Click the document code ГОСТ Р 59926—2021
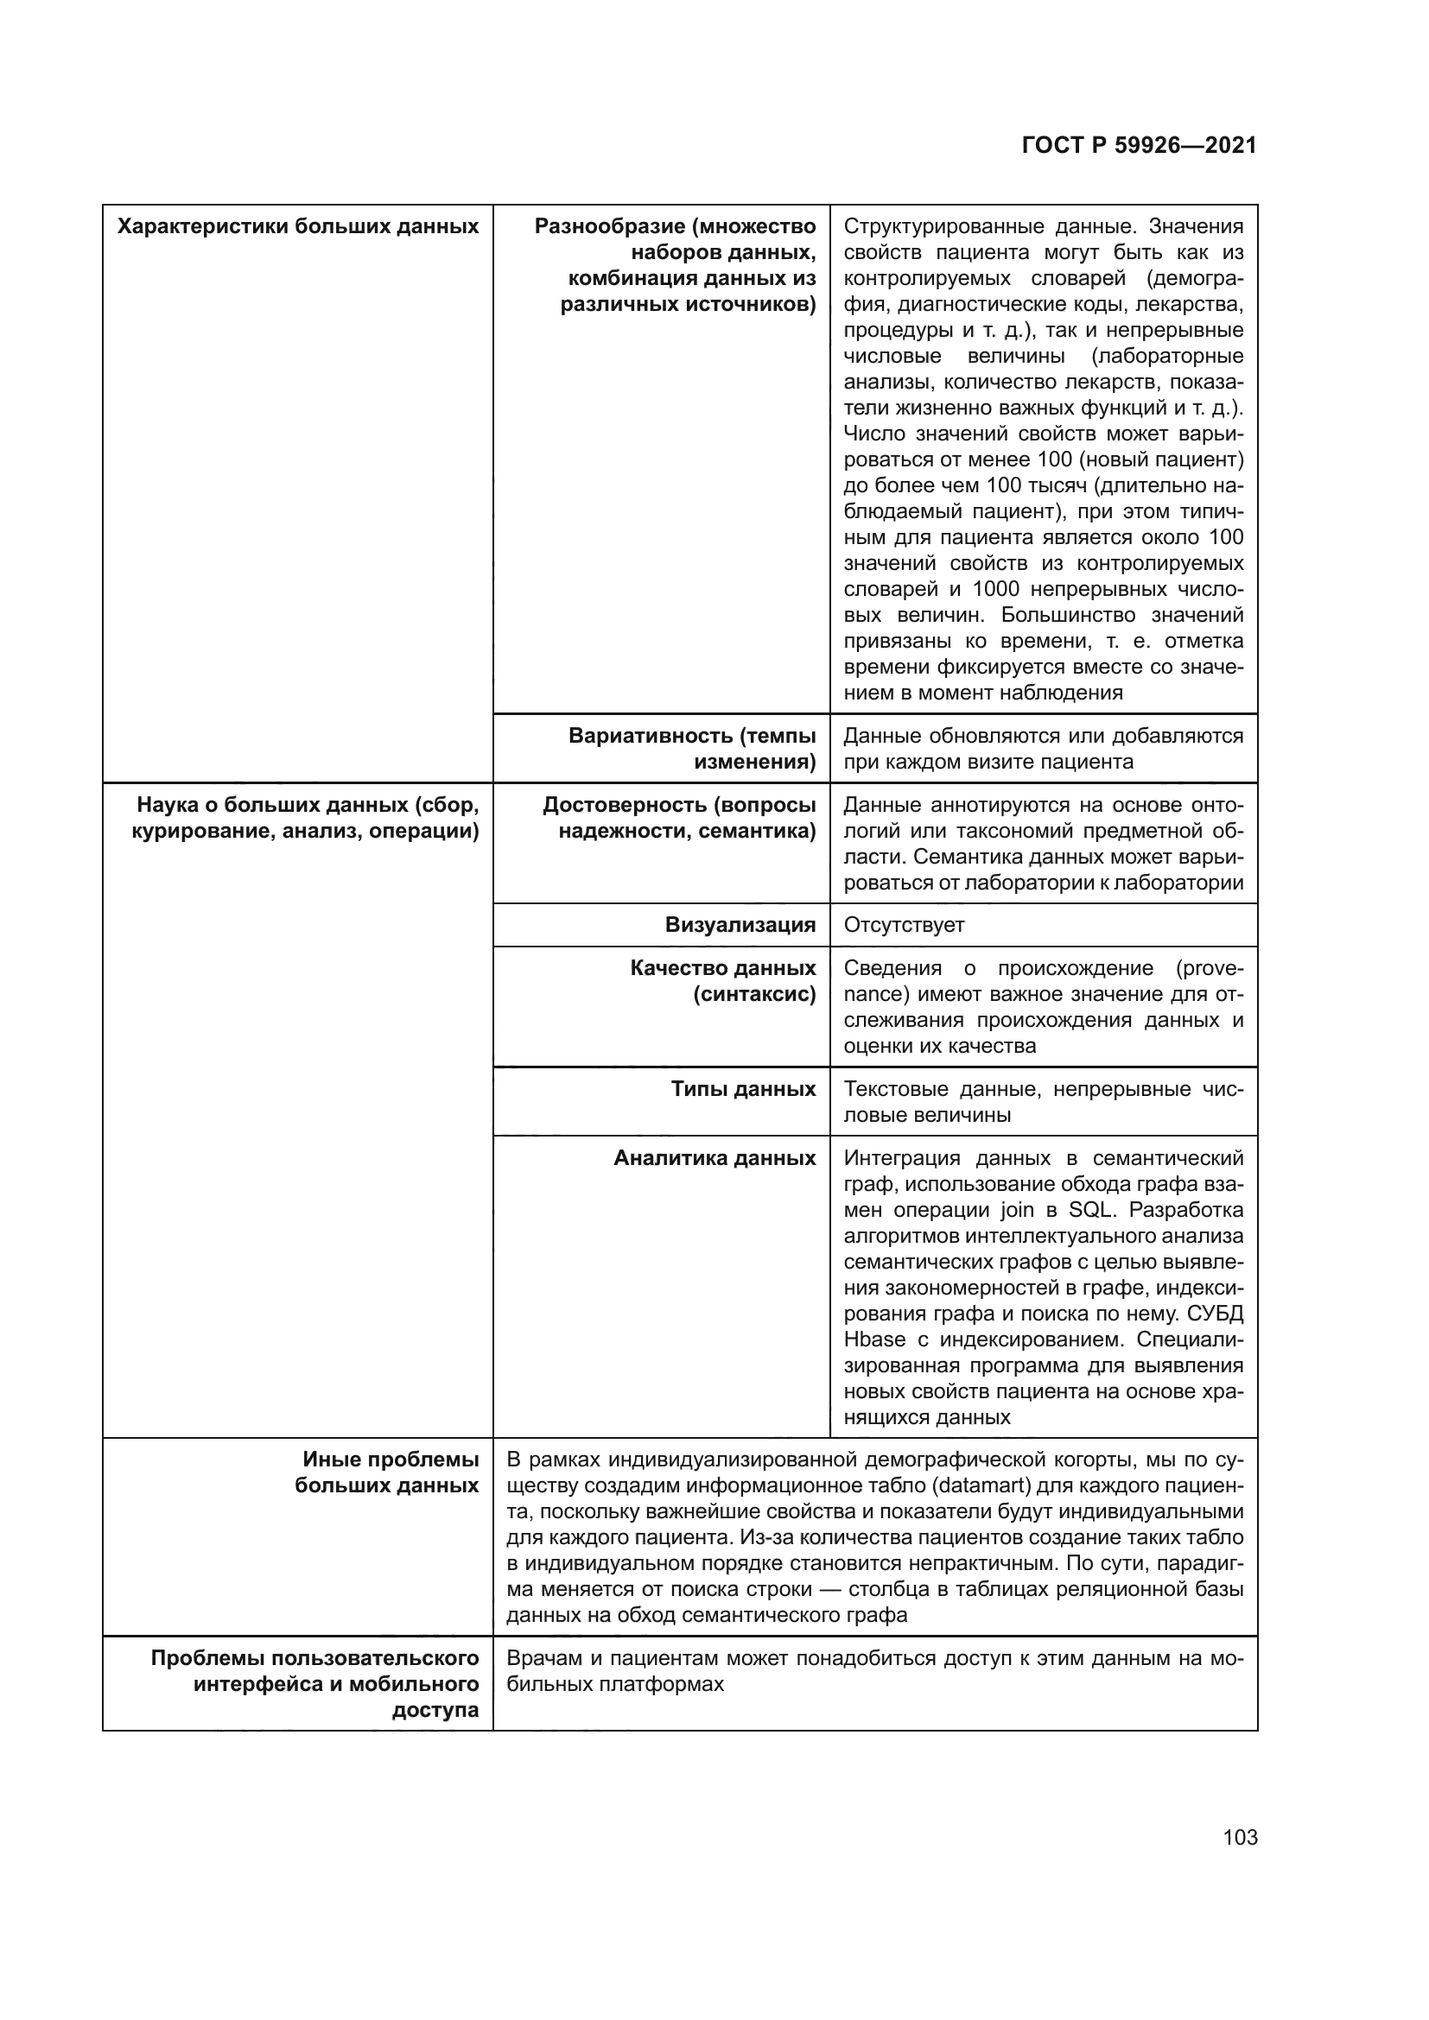coord(1139,146)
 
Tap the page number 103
coord(1240,1837)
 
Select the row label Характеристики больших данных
coord(297,227)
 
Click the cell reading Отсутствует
coord(904,925)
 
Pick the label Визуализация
coord(740,925)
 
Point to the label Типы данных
coord(743,1089)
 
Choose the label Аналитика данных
coord(714,1158)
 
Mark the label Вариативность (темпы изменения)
coord(692,749)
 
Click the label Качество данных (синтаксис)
coord(722,981)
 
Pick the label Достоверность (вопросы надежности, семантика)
coord(678,817)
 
